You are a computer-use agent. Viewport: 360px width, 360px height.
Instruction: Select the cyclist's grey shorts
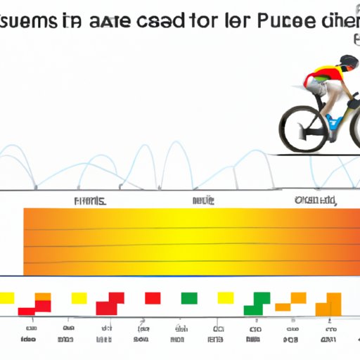click(317, 90)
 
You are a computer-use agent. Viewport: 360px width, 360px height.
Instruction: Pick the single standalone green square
click(188, 298)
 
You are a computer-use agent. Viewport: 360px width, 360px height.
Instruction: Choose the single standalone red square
click(152, 298)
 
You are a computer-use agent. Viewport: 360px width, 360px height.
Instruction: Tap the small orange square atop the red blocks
click(43, 297)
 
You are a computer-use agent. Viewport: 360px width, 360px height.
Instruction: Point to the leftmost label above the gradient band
click(90, 201)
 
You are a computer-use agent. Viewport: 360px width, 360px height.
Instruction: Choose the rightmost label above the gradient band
click(314, 201)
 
